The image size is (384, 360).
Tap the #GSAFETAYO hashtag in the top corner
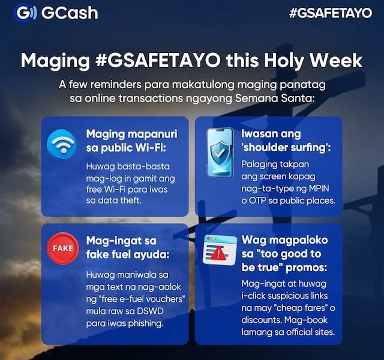[330, 13]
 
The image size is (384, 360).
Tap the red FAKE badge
[62, 248]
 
